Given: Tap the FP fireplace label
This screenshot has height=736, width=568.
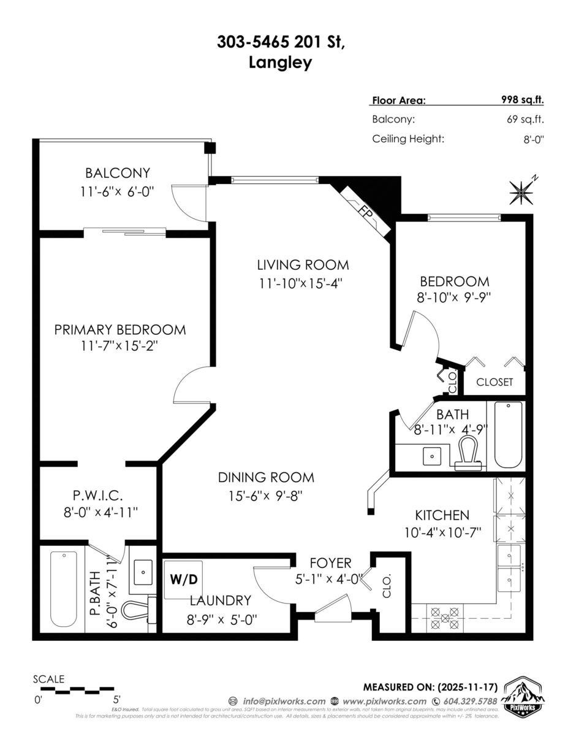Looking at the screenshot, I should tap(366, 213).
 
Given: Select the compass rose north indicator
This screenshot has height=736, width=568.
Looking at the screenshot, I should tap(521, 193).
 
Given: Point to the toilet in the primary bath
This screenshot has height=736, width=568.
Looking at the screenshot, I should tap(137, 610).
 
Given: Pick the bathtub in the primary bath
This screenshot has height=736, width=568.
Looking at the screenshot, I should tap(64, 589).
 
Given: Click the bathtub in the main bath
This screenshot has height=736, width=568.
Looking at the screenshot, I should tap(508, 434).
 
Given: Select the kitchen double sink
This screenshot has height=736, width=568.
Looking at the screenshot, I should tap(509, 567).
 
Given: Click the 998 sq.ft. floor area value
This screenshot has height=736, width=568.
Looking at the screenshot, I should tap(523, 101).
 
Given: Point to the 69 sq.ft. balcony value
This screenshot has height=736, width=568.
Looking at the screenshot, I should tap(526, 120).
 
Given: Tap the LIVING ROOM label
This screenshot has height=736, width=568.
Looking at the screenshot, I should tap(303, 265).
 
